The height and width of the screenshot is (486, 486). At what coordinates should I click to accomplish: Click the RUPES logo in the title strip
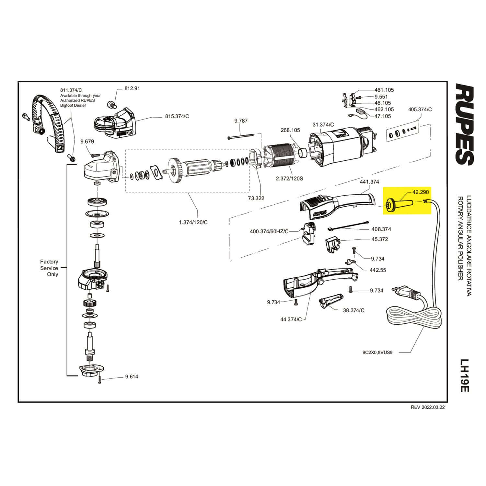[465, 124]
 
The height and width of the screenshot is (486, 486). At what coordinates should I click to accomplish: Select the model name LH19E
[465, 376]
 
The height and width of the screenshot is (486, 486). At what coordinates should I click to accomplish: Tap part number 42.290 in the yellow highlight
[420, 192]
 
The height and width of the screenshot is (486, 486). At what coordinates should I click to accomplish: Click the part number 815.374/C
[177, 116]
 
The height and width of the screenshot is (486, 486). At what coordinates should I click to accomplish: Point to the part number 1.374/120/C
[193, 222]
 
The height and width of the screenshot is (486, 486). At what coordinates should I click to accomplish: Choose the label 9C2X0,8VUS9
[377, 353]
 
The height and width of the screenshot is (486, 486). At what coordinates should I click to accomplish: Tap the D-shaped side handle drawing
[49, 120]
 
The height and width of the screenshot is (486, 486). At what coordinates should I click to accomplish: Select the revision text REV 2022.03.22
[428, 408]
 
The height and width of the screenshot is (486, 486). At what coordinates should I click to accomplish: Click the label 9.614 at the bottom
[132, 376]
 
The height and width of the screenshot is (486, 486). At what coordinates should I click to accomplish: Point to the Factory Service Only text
[49, 268]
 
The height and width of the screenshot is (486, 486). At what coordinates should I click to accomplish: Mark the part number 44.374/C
[291, 319]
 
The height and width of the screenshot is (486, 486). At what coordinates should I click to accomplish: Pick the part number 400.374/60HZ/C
[269, 231]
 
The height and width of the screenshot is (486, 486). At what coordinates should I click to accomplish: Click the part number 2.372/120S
[289, 179]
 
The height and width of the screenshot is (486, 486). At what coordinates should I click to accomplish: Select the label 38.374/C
[353, 310]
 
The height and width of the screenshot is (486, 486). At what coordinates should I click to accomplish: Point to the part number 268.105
[290, 130]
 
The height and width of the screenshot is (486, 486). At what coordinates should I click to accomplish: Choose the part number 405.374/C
[420, 110]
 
